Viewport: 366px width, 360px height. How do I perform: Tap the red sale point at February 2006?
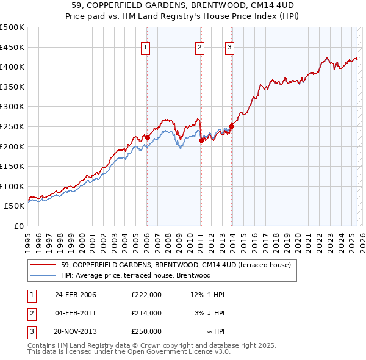[147, 138]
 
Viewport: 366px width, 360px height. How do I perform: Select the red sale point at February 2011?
[201, 141]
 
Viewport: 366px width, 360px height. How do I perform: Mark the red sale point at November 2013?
[231, 127]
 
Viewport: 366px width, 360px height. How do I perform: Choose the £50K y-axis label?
[15, 206]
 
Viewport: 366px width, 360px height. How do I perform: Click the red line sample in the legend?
[44, 265]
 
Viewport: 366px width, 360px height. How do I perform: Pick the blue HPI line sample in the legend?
[44, 275]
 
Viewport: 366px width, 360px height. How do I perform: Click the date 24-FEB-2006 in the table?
[75, 295]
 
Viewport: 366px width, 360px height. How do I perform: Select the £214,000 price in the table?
[146, 313]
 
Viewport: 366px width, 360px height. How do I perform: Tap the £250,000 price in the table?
[146, 331]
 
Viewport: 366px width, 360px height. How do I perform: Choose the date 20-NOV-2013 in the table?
[75, 331]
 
